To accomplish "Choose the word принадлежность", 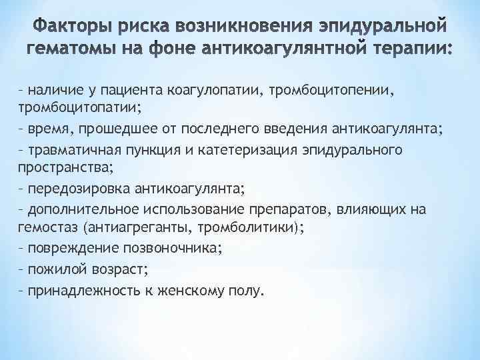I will (81, 291).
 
